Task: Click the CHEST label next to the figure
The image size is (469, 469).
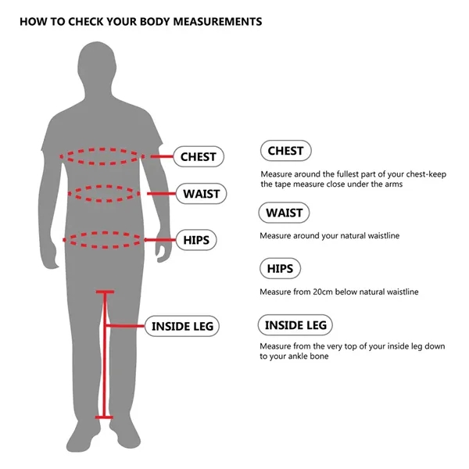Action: coord(198,156)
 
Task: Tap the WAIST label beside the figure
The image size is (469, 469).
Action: coord(201,193)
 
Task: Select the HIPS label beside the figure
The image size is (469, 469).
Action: coord(196,239)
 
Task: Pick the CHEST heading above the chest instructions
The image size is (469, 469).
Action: coord(285,151)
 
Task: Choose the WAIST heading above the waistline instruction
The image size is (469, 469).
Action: coord(284,213)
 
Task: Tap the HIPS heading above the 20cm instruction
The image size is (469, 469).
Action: coord(279,269)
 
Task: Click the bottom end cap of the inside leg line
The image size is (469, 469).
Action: coord(104,417)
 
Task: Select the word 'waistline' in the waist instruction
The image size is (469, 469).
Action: coord(383,235)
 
